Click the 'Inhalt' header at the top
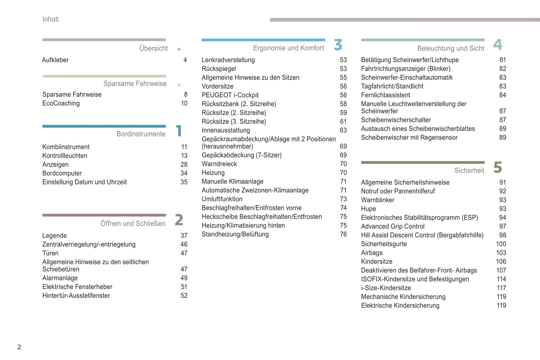point(50,19)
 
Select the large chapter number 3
point(338,45)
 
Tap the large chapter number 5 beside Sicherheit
point(497,167)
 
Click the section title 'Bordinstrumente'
point(141,134)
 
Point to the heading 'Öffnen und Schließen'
point(133,224)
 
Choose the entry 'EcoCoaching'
point(61,103)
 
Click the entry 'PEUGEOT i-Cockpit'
point(230,95)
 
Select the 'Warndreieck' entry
point(219,164)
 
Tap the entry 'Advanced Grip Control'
point(392,226)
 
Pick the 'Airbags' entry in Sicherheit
point(371,253)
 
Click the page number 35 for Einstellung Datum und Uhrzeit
point(184,182)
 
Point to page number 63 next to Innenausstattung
point(343,130)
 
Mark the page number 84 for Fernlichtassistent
point(502,95)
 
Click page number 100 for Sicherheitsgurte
point(501,244)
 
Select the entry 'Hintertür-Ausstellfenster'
point(76,296)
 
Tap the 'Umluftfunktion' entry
point(222,199)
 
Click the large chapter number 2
point(179,220)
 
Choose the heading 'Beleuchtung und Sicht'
point(450,49)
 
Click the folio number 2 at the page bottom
point(19,347)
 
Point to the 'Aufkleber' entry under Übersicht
point(55,60)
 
